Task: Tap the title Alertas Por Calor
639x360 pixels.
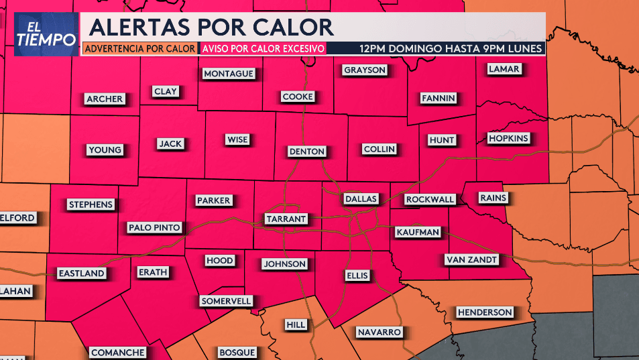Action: pos(211,27)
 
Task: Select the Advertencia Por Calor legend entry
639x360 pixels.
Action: pos(140,48)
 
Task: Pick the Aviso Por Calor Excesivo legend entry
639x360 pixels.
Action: pos(263,48)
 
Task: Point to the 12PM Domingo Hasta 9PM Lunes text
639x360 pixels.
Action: pos(451,48)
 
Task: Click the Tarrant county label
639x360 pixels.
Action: pos(286,219)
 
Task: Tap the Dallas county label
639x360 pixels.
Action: pos(361,199)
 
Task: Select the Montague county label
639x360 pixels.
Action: pos(229,74)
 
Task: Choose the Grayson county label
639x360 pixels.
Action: pos(365,70)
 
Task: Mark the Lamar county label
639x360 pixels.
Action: pos(504,69)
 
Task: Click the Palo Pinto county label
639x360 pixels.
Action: pos(154,228)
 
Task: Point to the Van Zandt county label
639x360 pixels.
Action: pos(471,259)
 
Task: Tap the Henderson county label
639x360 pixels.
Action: pos(485,312)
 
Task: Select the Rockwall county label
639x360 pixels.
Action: pos(430,200)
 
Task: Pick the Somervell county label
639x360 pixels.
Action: pos(226,302)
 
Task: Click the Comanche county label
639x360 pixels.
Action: pos(117,353)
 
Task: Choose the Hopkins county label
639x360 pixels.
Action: pos(508,139)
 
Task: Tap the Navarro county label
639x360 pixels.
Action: pos(379,333)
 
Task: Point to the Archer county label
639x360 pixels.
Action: pos(105,99)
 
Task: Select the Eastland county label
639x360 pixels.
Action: pos(81,274)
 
